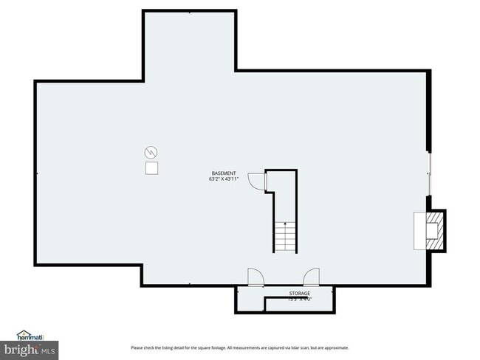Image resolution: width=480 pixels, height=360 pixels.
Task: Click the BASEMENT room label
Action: (224, 173)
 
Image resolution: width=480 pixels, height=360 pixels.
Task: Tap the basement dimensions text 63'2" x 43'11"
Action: (224, 179)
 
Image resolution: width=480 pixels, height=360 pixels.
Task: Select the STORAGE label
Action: (299, 294)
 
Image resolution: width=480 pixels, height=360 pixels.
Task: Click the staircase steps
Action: (286, 236)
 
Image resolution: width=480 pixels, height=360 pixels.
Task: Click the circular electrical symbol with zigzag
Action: (151, 153)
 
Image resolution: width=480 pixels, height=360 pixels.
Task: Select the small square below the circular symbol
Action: (151, 169)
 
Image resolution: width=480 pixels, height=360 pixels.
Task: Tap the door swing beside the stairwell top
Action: (256, 180)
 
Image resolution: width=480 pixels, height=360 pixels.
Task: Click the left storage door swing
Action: (254, 277)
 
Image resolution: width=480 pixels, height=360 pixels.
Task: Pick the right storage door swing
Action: (311, 277)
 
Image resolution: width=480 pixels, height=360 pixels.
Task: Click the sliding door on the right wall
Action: (429, 174)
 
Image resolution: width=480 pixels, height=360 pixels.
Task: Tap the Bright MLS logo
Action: (30, 348)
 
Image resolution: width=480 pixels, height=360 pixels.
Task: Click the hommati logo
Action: (30, 336)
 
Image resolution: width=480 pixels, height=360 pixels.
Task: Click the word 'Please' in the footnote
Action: (137, 348)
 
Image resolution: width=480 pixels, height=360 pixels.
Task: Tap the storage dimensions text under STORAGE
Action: (299, 300)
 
